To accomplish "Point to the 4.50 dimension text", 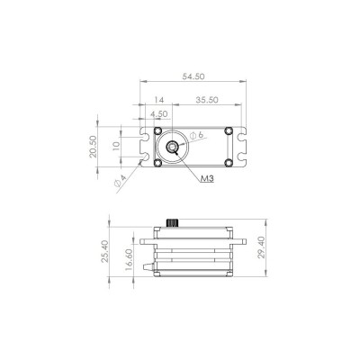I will pyautogui.click(x=160, y=114).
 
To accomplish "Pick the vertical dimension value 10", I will pyautogui.click(x=115, y=147).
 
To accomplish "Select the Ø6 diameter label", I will pyautogui.click(x=198, y=136).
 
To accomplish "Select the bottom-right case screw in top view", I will pyautogui.click(x=230, y=163).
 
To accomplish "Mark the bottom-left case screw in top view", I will pyautogui.click(x=157, y=163).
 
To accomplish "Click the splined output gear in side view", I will pyautogui.click(x=174, y=223).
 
